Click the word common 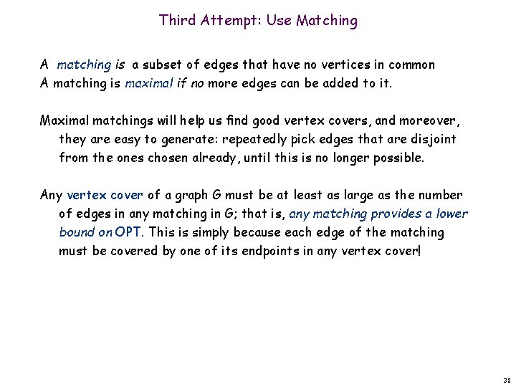click(410, 65)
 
